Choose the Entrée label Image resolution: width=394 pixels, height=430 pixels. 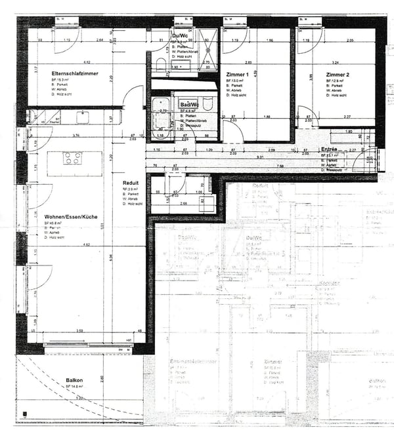pos(328,149)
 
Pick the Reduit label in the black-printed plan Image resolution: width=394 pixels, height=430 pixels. pos(131,183)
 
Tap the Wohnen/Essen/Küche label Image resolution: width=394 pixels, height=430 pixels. pos(71,216)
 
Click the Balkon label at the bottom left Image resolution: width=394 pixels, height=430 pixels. pos(74,380)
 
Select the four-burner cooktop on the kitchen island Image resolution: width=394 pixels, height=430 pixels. pos(72,158)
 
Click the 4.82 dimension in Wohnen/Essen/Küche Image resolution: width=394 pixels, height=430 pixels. pos(85,245)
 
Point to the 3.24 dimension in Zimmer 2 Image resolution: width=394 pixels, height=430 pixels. pos(336,62)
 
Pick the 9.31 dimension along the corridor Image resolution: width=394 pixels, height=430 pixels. pos(261,157)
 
